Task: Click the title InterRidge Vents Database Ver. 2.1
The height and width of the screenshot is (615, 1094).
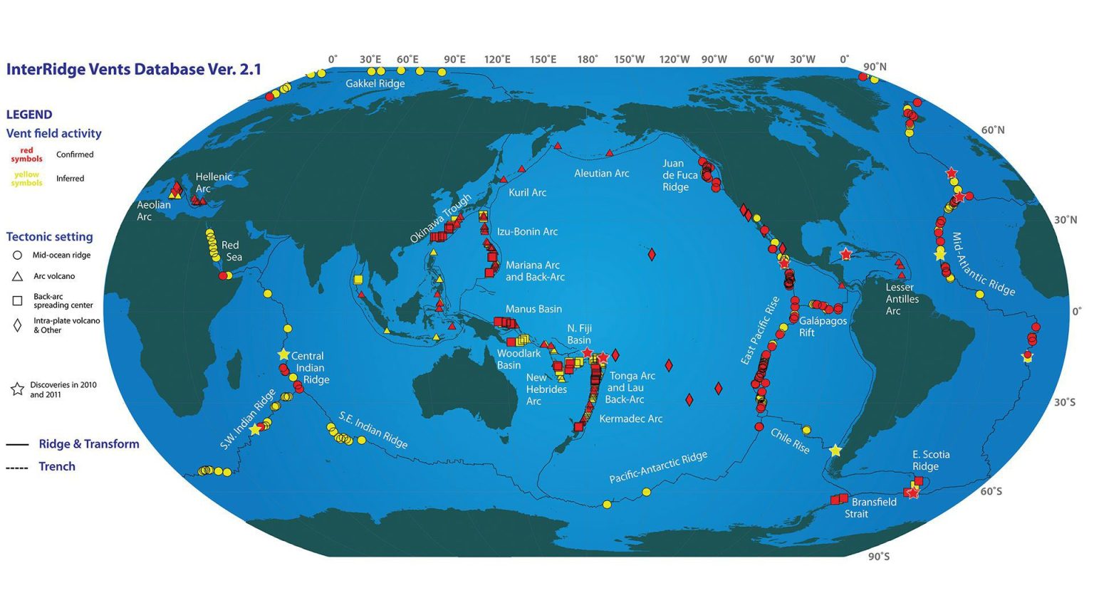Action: (x=134, y=69)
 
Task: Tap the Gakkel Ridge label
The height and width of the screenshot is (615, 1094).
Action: (x=375, y=83)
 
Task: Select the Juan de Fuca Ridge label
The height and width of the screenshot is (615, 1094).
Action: (x=679, y=175)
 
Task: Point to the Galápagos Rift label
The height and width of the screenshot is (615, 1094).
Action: (x=822, y=326)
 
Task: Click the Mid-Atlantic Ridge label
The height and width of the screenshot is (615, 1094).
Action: (x=983, y=264)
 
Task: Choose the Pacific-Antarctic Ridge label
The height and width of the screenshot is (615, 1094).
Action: (x=658, y=467)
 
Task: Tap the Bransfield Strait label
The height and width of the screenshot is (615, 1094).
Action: (x=873, y=508)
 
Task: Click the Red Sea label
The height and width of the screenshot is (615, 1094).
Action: (x=231, y=251)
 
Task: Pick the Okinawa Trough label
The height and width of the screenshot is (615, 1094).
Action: (x=441, y=218)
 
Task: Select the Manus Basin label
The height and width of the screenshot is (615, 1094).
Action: (x=533, y=309)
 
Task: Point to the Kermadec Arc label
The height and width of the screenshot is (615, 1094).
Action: (x=630, y=419)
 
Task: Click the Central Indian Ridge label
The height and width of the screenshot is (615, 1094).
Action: (x=309, y=367)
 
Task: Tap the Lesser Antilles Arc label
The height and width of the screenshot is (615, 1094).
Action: (x=902, y=299)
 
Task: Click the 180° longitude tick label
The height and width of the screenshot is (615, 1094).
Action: (x=588, y=59)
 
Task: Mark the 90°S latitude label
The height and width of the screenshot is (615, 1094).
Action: (x=878, y=557)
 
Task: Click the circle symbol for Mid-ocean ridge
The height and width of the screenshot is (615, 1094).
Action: (x=18, y=255)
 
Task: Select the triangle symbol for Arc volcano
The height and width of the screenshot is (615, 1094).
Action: (x=18, y=276)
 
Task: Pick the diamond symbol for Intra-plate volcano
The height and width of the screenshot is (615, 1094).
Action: (x=18, y=325)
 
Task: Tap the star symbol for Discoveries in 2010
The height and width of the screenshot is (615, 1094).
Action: (x=18, y=389)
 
